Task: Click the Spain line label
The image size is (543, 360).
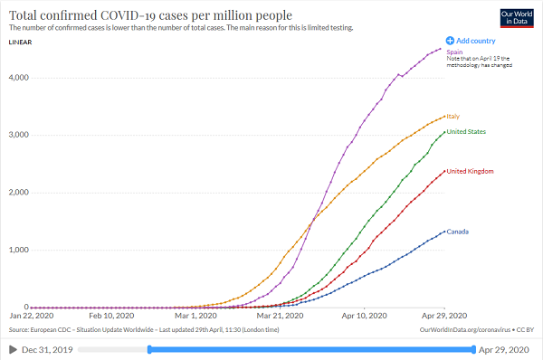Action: (453, 52)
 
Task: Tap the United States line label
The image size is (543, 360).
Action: (466, 132)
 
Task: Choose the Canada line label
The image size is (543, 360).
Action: (458, 232)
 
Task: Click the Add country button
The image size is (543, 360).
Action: (471, 41)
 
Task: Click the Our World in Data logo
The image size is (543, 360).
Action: (518, 20)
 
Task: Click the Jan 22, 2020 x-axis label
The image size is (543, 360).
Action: (33, 317)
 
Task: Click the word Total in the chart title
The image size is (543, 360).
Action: (26, 14)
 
